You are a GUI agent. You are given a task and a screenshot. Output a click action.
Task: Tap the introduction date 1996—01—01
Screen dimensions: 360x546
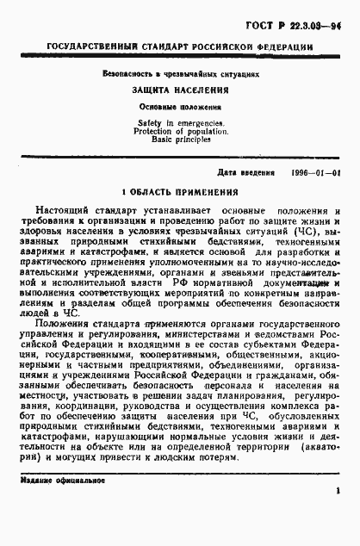pyautogui.click(x=316, y=172)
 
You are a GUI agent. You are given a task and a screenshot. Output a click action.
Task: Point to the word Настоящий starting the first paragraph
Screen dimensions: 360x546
pyautogui.click(x=65, y=211)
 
